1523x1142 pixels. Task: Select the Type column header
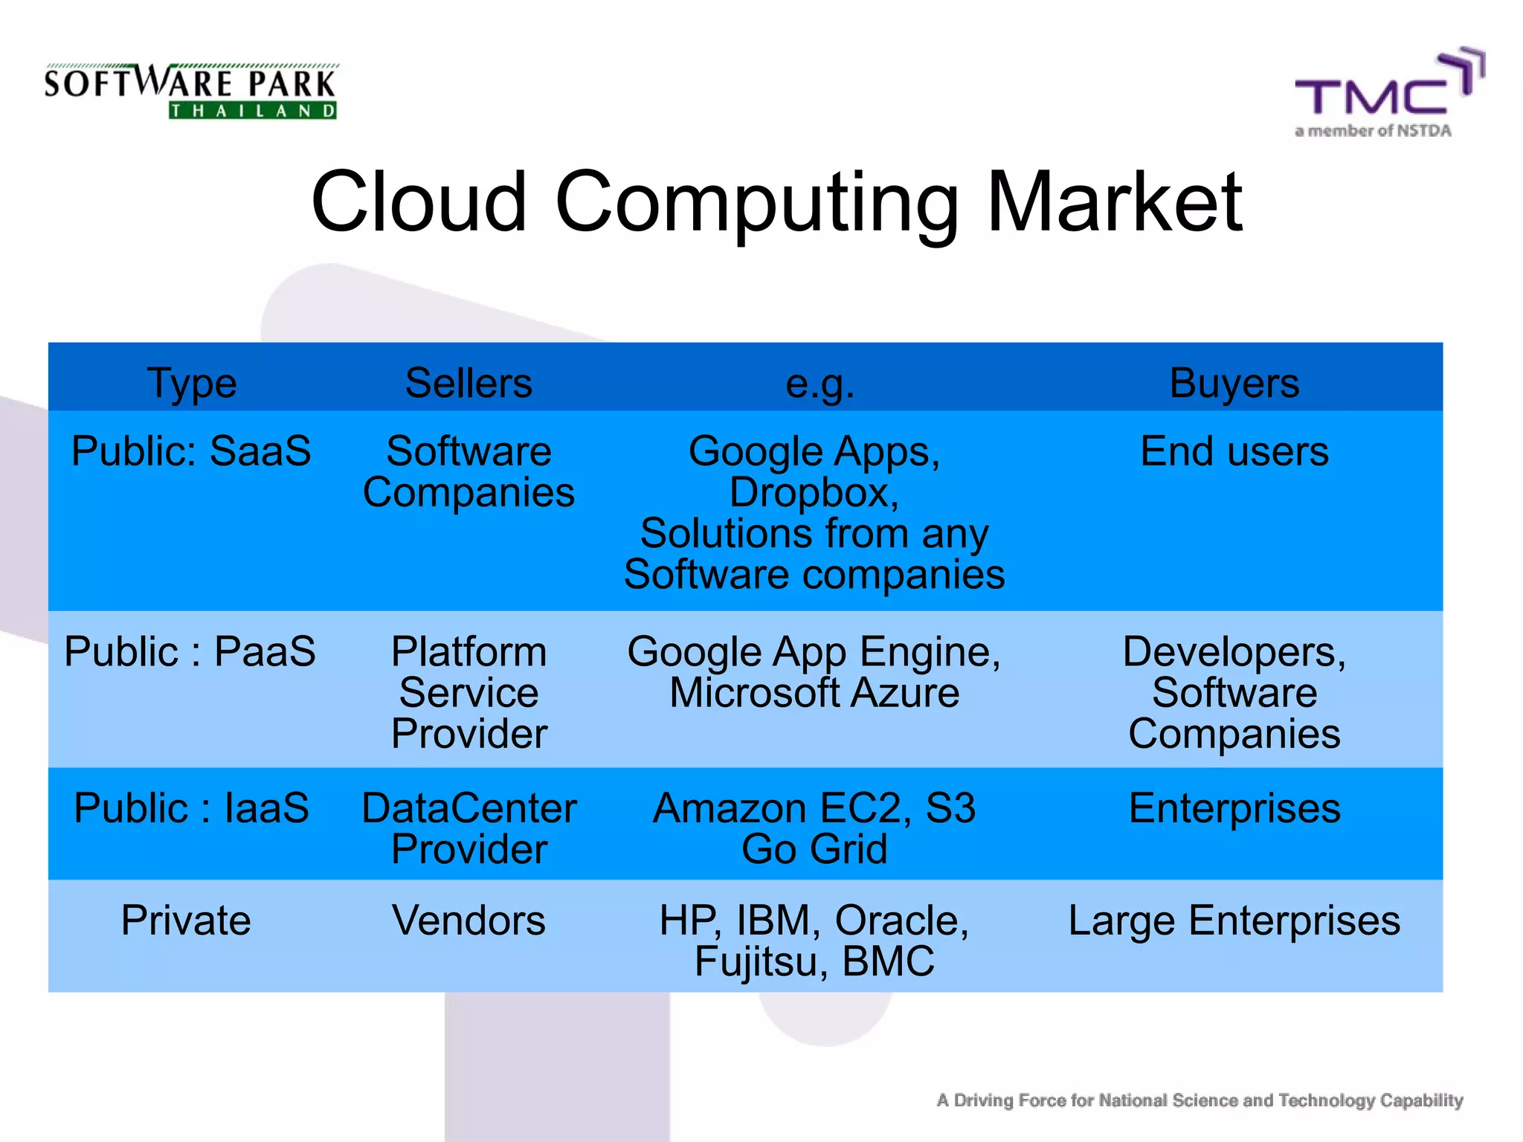pos(192,384)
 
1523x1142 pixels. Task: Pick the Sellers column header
pos(469,384)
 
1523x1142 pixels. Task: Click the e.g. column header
pos(820,384)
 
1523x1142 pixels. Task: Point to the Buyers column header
pos(1234,384)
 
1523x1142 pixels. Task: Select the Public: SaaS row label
pos(191,451)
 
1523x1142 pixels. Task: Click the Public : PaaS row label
pos(190,652)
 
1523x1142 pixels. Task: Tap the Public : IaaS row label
pos(191,808)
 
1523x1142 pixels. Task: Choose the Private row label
pos(186,920)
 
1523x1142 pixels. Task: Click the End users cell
pos(1234,451)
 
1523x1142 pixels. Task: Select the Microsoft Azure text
pos(814,693)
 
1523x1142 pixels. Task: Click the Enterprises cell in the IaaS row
pos(1234,808)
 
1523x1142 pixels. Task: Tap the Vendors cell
pos(469,920)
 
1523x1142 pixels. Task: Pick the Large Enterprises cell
pos(1234,920)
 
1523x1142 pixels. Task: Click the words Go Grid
pos(814,849)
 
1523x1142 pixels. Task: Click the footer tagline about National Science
pos(1200,1100)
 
